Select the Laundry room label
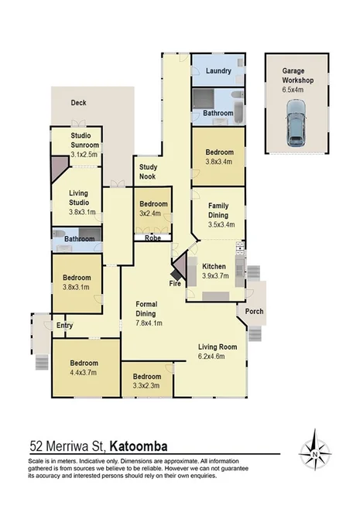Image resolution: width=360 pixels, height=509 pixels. [219, 71]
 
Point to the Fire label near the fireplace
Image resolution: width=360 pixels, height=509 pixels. [176, 284]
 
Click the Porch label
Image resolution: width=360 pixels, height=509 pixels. [254, 312]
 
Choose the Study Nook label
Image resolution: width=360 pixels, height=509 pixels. [149, 172]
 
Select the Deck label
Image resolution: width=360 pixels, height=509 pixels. [78, 102]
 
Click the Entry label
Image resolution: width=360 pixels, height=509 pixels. [64, 326]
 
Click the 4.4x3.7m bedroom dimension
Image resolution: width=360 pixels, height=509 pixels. [84, 373]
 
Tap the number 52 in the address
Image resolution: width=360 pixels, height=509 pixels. [36, 446]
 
